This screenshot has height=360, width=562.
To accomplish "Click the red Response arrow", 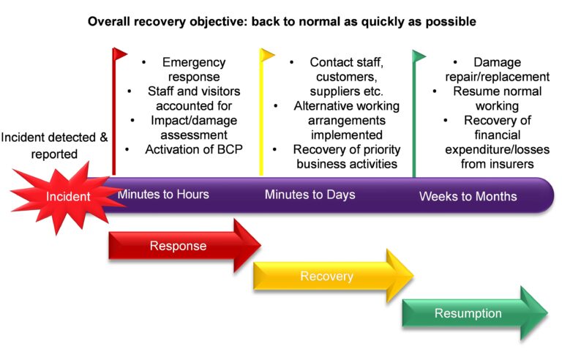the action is [x=184, y=246].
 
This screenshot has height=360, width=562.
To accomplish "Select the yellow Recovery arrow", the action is [x=334, y=276].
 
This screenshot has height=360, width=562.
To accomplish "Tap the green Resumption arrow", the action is [x=475, y=313].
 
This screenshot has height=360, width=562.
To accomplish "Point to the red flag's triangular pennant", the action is [x=120, y=54].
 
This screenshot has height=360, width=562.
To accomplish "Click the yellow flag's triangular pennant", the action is [x=267, y=55].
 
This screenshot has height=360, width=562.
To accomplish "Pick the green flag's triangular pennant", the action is [x=419, y=56].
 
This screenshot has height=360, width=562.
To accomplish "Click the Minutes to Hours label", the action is [x=163, y=195].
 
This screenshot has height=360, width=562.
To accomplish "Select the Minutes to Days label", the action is [x=310, y=195].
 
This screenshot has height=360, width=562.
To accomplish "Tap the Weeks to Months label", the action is [x=468, y=196].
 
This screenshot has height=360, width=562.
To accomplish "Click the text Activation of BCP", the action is [x=194, y=149].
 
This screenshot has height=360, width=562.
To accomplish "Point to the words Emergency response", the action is [x=194, y=70].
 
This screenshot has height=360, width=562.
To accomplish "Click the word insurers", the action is [x=515, y=164].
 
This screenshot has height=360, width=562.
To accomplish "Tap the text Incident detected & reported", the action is [x=54, y=146].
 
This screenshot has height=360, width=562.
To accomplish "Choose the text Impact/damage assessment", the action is [x=194, y=127].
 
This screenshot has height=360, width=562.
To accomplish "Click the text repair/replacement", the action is [x=497, y=77].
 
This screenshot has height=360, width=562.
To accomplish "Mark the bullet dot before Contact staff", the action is [x=292, y=62].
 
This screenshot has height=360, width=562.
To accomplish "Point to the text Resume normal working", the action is [x=497, y=98].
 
